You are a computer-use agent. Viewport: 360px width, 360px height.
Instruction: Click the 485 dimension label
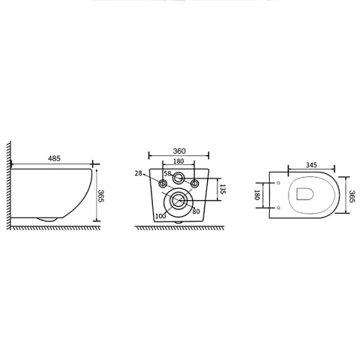click(54, 158)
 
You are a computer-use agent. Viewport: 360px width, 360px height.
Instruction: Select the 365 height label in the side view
click(100, 196)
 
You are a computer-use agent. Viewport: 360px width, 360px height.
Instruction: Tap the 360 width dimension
click(179, 151)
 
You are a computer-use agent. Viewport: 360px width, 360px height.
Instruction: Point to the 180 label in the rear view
click(178, 161)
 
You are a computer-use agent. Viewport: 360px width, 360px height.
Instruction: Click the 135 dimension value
click(223, 189)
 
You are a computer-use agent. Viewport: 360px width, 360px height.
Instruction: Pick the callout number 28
click(138, 173)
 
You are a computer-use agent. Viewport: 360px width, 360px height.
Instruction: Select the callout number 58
click(167, 173)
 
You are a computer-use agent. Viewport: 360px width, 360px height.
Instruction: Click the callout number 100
click(160, 216)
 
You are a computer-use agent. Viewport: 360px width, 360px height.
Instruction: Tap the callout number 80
click(196, 211)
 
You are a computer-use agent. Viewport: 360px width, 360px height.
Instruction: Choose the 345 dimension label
click(311, 165)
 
